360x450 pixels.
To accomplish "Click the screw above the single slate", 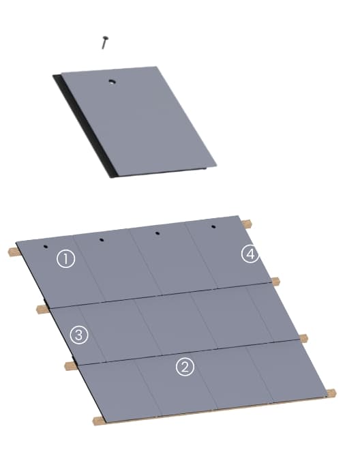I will [105, 42].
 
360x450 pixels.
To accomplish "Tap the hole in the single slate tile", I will [112, 82].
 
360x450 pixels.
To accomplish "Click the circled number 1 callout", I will [65, 259].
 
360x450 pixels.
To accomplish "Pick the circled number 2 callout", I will [185, 367].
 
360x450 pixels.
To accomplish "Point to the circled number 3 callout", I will [80, 335].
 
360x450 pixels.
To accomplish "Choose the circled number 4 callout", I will [250, 254].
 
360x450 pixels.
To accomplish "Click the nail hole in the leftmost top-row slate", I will [45, 247].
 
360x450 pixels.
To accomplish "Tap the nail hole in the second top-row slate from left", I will [101, 240].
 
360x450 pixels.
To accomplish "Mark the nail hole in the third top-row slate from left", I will [157, 233].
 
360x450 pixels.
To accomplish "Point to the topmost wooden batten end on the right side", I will [248, 223].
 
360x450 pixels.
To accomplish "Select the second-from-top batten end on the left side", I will [42, 310].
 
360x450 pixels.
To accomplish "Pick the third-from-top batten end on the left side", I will [70, 365].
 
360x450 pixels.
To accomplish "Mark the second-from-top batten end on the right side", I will [275, 281].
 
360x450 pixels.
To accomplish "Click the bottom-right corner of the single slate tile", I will [215, 165].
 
